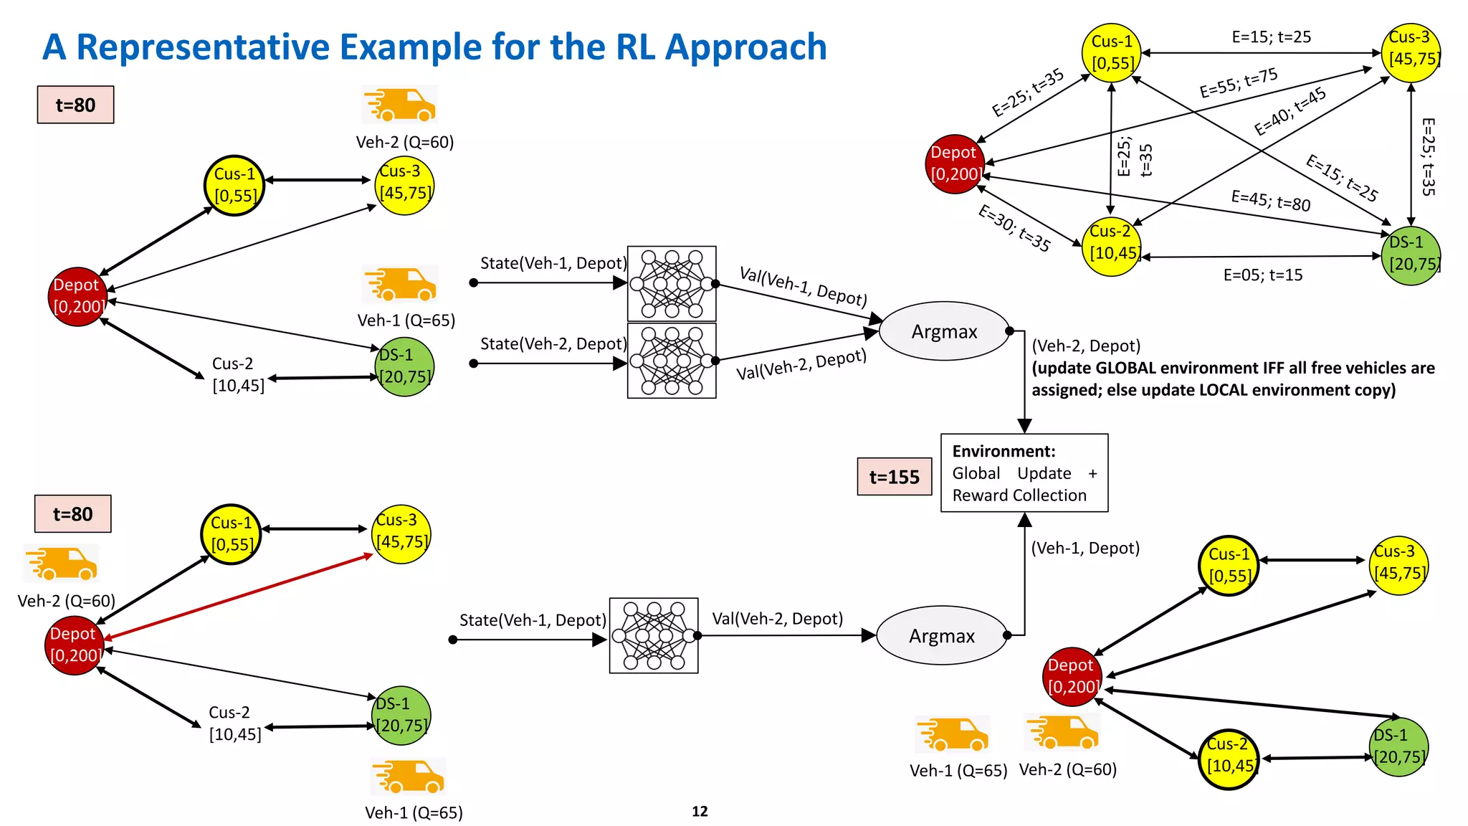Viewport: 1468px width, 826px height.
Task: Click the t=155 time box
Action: [894, 477]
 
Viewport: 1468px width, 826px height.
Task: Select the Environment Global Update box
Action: [1024, 473]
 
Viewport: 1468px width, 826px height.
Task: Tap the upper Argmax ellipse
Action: [944, 331]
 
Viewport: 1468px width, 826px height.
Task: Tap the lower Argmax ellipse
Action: [941, 636]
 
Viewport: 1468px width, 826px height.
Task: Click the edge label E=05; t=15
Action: [1262, 275]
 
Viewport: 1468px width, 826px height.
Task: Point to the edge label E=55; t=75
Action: [1238, 82]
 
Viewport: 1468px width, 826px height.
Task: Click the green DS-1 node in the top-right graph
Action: [1410, 255]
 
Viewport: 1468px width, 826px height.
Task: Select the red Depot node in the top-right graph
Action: [954, 164]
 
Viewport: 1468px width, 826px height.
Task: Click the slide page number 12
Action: [700, 811]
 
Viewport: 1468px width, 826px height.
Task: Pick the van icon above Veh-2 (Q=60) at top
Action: [400, 105]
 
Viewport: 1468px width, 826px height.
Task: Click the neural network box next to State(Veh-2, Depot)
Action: [671, 361]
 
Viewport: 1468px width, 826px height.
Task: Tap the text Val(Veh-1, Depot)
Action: [803, 285]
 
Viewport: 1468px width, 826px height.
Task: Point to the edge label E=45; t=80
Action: [1270, 201]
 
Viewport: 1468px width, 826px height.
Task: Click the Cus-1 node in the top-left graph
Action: [234, 185]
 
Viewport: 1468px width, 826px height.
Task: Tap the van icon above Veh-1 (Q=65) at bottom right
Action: [953, 735]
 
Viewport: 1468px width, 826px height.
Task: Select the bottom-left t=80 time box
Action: [73, 514]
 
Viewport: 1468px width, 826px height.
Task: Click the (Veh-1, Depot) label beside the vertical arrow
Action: [1085, 549]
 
